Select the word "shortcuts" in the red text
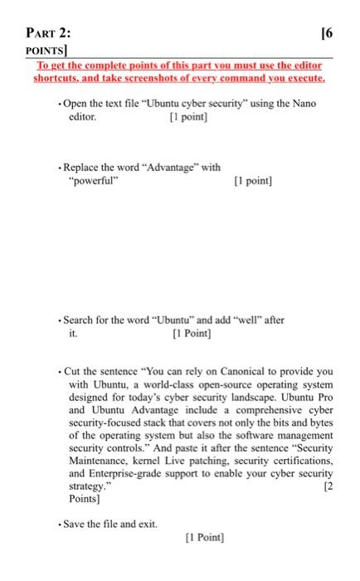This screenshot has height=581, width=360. click(x=54, y=78)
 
